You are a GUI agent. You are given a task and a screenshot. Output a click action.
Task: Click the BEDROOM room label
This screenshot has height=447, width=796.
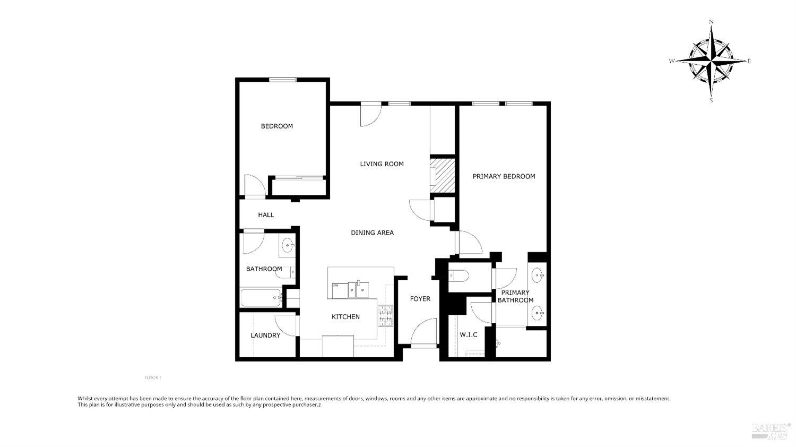(276, 126)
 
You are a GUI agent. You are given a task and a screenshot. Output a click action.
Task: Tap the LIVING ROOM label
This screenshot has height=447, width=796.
(382, 164)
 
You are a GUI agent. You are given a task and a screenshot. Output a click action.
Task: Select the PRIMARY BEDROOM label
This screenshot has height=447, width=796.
(504, 176)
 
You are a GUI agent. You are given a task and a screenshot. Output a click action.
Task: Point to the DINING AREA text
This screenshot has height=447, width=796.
(372, 233)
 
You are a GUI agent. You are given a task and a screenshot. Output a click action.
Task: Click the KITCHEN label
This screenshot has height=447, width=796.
(345, 317)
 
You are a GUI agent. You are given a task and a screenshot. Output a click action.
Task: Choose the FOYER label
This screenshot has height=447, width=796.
(420, 299)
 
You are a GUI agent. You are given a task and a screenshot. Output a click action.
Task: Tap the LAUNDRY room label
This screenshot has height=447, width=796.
(265, 336)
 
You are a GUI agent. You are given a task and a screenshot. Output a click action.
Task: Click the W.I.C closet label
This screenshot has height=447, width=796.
(468, 334)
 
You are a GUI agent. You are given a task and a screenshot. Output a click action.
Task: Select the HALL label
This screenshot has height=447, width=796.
(266, 215)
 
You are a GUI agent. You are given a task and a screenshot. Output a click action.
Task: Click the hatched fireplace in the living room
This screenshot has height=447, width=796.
(443, 175)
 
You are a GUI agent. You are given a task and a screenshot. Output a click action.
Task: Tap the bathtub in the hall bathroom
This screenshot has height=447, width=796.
(261, 298)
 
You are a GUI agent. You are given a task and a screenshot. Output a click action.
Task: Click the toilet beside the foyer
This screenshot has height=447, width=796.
(457, 276)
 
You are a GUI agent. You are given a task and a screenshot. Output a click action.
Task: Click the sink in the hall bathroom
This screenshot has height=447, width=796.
(288, 245)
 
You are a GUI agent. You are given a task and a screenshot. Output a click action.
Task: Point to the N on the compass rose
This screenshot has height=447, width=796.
(711, 22)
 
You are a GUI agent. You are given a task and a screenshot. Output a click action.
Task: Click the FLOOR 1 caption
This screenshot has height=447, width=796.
(152, 378)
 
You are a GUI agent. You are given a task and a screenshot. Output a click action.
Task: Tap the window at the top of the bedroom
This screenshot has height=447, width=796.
(282, 80)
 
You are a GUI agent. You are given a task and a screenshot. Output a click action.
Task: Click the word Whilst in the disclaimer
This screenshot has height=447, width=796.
(86, 398)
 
